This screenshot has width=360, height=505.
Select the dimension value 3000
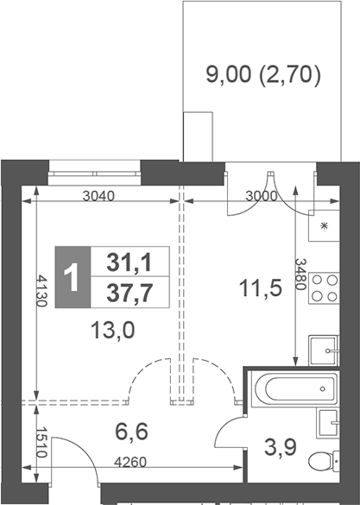coord(260,195)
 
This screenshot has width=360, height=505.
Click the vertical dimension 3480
coord(300,275)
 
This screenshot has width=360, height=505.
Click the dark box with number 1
coord(73,277)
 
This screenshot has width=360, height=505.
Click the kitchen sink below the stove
coord(326,349)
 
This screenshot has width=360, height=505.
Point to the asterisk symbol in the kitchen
coord(325,227)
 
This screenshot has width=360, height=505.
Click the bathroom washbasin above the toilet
coord(329,423)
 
